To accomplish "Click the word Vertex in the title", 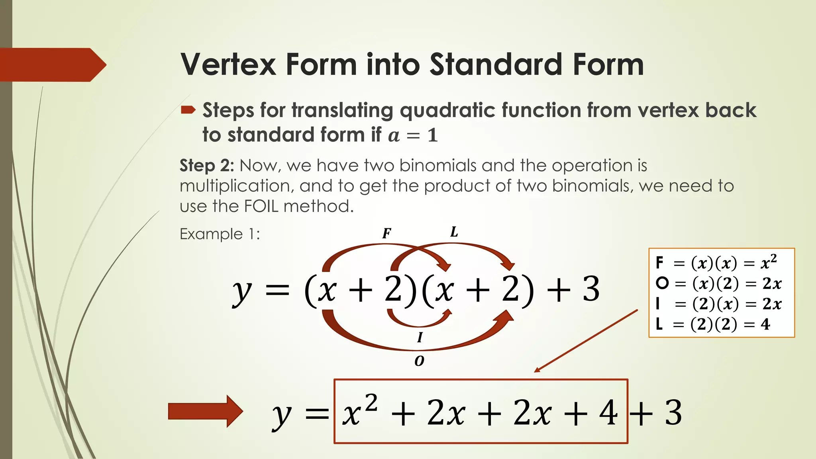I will click(228, 65).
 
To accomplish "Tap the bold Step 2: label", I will click(207, 165).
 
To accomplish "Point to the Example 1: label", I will click(220, 234).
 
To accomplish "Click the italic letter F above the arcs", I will click(386, 233).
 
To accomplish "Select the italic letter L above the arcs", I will click(454, 232).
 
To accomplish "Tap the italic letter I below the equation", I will click(420, 337).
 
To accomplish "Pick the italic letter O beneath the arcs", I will click(419, 361).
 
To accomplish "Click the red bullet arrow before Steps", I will click(188, 110).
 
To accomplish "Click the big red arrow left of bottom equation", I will click(205, 411).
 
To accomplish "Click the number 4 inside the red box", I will click(608, 413).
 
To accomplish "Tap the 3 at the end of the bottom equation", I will click(673, 413).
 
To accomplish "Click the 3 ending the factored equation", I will click(591, 290).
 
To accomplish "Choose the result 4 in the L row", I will click(765, 324).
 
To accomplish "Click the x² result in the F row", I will click(769, 262).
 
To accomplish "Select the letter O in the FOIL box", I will click(662, 283).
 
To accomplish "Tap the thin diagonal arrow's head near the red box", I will click(537, 370).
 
